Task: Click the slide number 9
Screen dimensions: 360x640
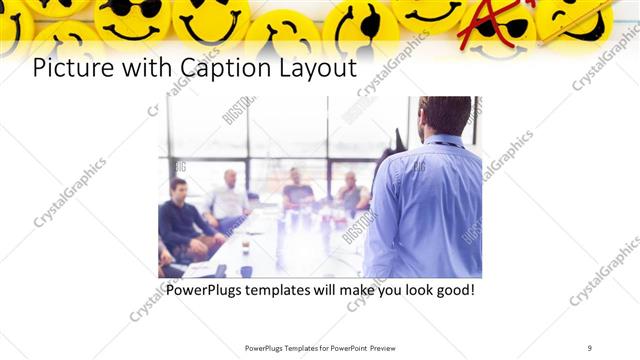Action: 590,347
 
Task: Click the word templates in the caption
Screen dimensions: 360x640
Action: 285,290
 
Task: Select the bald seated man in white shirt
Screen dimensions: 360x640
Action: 230,197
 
